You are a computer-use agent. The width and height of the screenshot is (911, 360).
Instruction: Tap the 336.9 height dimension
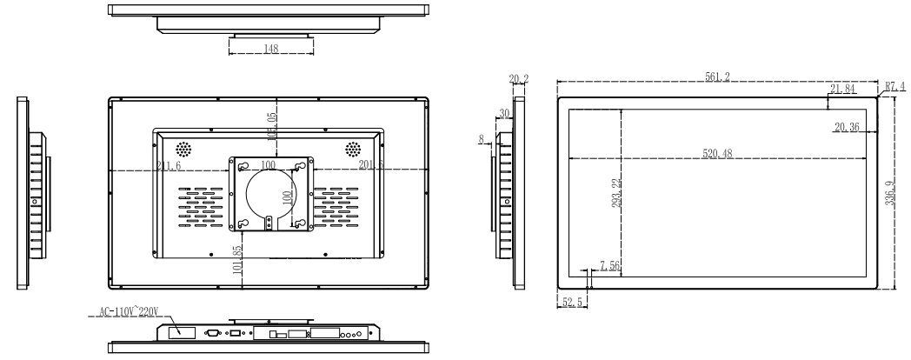tap(889, 192)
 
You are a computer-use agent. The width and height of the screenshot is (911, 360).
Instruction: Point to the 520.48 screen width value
tap(719, 154)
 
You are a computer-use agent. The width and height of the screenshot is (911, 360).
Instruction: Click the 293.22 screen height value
tap(615, 192)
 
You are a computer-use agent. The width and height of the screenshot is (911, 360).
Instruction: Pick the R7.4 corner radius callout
tap(895, 86)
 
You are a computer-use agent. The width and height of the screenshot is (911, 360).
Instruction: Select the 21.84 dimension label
tap(842, 89)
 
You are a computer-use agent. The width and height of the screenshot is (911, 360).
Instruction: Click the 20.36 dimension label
tap(846, 127)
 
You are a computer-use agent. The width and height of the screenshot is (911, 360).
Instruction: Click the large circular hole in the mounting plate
tap(270, 190)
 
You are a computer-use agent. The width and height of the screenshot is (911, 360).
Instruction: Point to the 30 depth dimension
tap(504, 112)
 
